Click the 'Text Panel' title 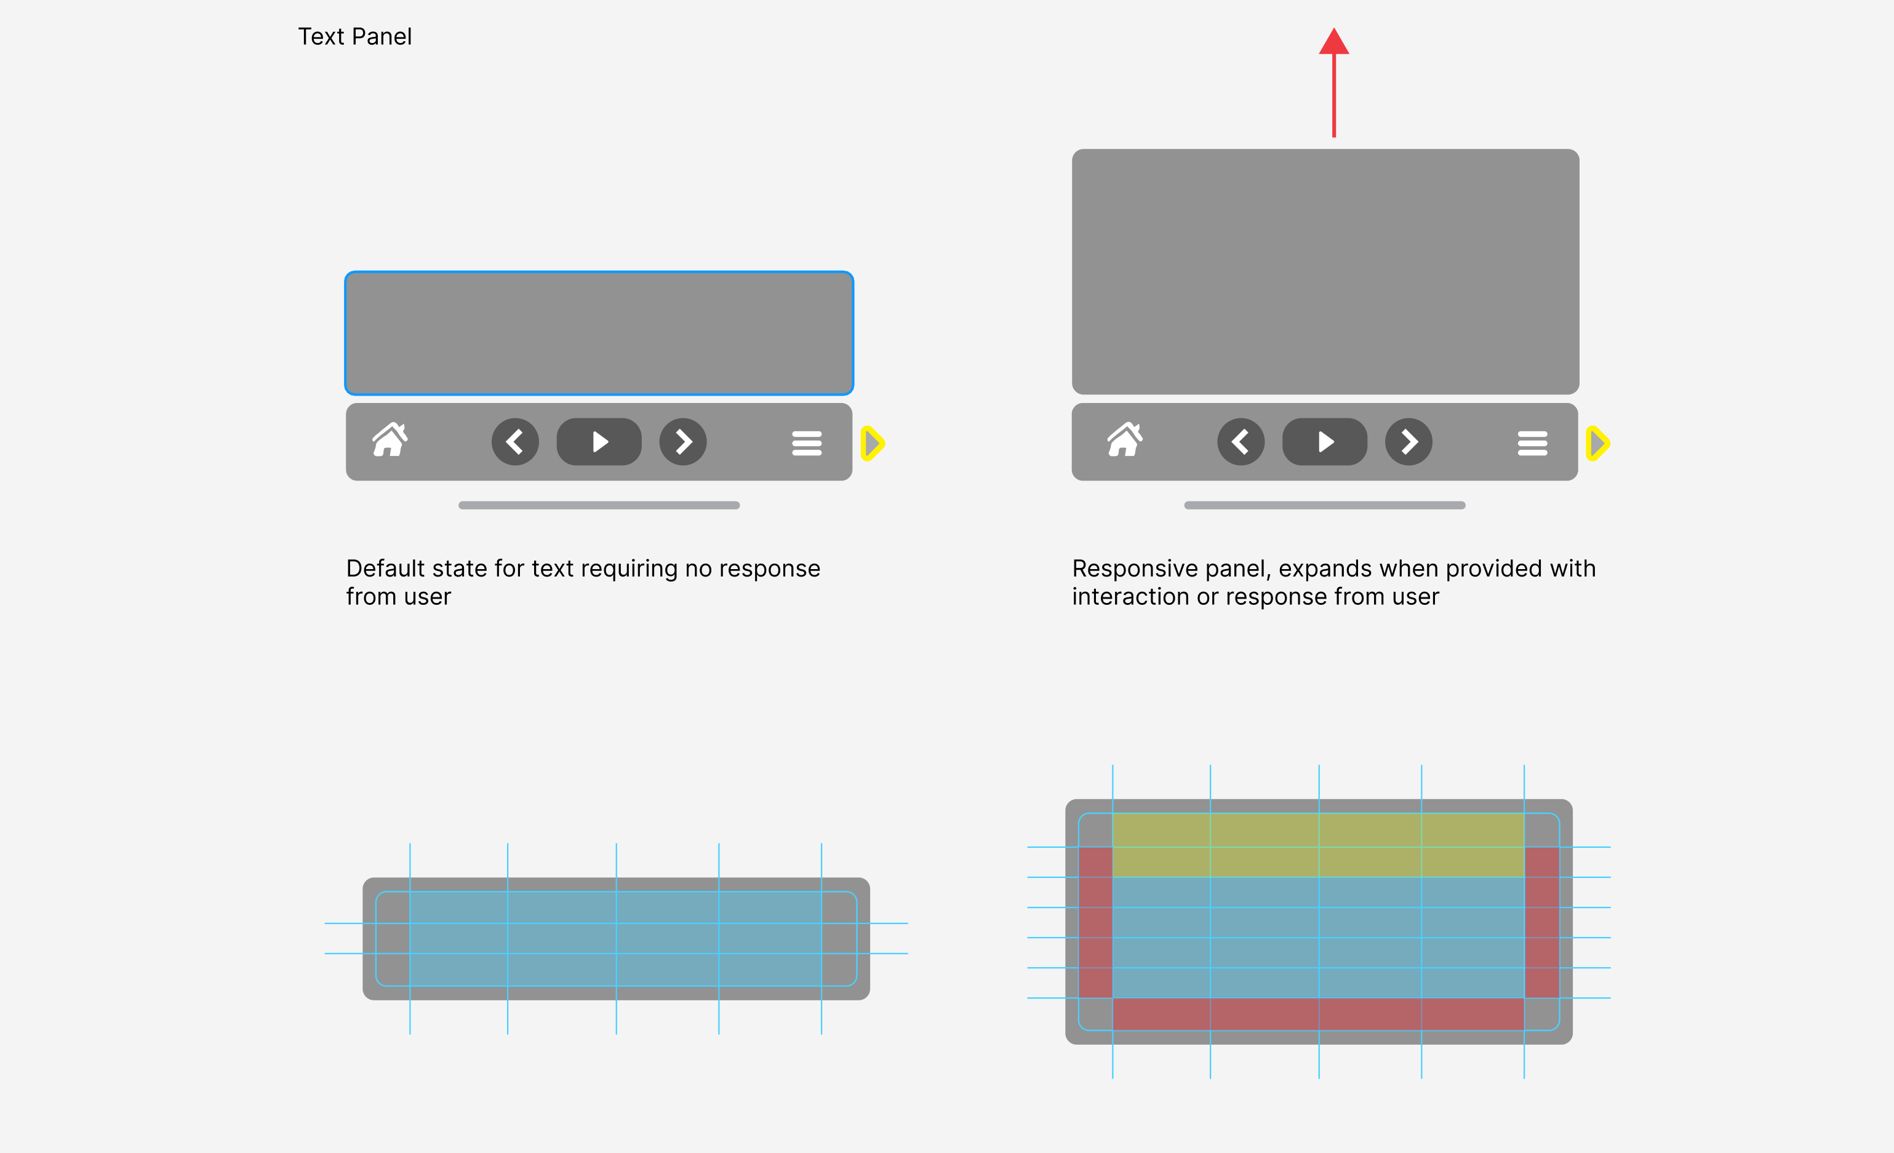[x=354, y=37]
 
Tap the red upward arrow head [x=1333, y=42]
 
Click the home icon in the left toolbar [x=390, y=441]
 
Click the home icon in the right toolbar [x=1125, y=441]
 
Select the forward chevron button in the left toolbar [x=682, y=442]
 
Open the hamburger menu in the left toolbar [x=806, y=443]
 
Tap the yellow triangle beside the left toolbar [x=873, y=443]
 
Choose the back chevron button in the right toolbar [x=1241, y=442]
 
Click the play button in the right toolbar [x=1324, y=442]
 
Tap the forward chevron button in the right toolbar [x=1409, y=442]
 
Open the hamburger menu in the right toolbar [x=1532, y=443]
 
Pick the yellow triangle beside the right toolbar [x=1598, y=443]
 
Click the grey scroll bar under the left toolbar [x=599, y=505]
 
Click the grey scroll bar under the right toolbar [x=1324, y=505]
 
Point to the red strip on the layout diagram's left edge [x=1095, y=922]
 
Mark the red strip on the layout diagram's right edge [x=1541, y=922]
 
